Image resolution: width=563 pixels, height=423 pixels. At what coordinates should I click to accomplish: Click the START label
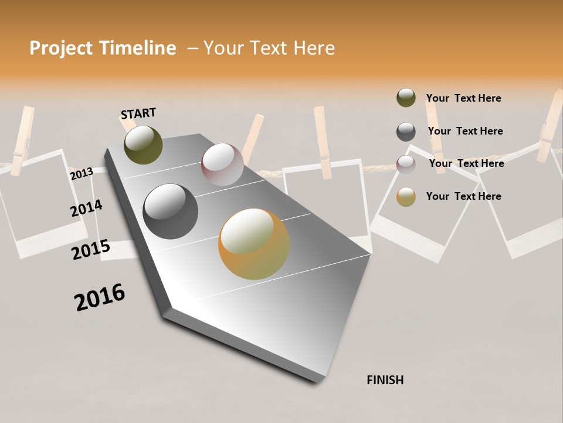138,113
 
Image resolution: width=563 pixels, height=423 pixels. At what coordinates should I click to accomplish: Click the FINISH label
385,380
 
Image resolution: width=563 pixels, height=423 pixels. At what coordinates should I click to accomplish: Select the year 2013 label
82,173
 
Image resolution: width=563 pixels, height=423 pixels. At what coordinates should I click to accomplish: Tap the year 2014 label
86,208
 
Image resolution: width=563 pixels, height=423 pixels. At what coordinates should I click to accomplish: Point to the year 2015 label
91,250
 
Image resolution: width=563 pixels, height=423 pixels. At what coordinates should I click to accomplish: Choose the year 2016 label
100,297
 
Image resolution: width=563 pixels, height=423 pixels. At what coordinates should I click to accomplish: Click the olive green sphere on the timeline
143,145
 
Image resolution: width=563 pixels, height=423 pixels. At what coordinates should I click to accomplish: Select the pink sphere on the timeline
222,164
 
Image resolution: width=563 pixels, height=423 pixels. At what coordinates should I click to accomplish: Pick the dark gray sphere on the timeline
170,211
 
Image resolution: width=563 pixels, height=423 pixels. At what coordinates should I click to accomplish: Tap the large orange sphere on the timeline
254,244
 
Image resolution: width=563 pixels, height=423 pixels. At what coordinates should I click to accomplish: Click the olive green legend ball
406,98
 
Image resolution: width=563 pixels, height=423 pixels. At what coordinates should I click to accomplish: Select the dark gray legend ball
406,132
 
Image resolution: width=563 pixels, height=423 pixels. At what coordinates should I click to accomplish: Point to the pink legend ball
406,164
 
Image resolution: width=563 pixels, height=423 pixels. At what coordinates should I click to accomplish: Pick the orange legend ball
406,197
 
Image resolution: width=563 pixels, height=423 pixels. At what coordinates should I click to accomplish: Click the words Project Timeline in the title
103,48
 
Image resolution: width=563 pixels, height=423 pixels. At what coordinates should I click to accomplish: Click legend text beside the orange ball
463,196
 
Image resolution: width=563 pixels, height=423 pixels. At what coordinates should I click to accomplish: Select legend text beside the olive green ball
463,98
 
